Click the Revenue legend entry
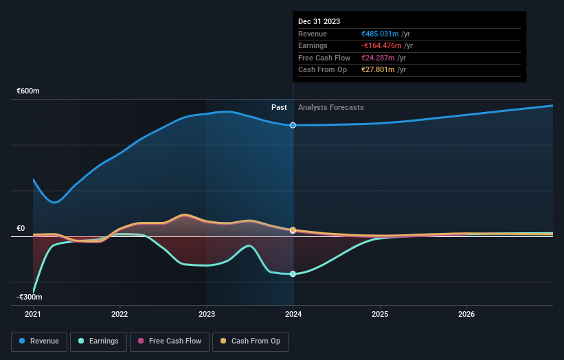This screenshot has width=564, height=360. coord(39,341)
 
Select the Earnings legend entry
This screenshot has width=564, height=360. coord(98,341)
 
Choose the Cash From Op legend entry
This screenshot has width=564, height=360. coord(251,341)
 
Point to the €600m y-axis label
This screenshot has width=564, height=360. coord(29,91)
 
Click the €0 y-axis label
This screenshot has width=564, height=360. coord(21,229)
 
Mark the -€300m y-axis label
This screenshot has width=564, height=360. coord(30,297)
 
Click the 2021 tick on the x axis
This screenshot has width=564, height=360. coord(33,314)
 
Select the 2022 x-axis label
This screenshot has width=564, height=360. coord(120,314)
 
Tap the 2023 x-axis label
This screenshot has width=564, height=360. coord(207,314)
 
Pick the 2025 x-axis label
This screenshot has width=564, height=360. coord(380,314)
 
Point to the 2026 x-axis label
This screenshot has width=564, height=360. coord(466,314)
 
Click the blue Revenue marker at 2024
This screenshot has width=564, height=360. coord(293,125)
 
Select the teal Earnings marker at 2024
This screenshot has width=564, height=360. coord(293,274)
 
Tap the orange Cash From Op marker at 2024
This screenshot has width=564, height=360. coord(293,230)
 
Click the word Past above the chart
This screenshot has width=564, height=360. coord(279,107)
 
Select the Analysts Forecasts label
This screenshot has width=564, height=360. coord(331,107)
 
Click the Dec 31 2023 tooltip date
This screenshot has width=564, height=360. coord(319,22)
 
